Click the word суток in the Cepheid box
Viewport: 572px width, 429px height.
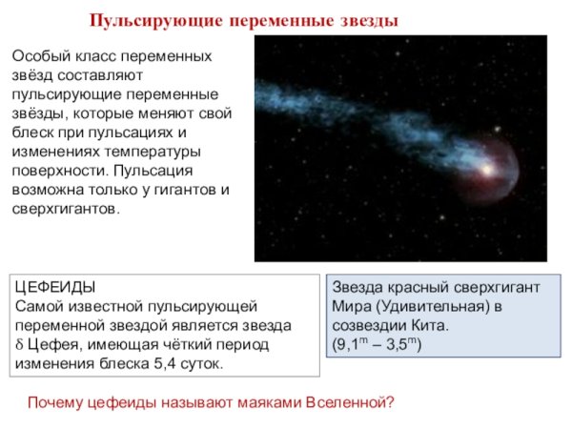tap(203, 363)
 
